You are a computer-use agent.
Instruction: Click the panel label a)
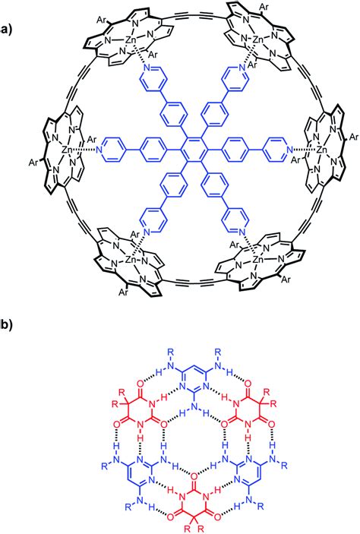coord(6,30)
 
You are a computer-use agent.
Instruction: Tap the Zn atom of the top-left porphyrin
coord(130,41)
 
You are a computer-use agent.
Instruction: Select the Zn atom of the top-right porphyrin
coord(257,40)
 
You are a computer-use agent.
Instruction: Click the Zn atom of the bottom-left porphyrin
coord(131,260)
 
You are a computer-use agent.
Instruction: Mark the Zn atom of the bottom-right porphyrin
coord(257,260)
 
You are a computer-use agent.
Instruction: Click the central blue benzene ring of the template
coord(194,149)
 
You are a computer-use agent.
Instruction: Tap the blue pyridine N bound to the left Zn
coord(99,149)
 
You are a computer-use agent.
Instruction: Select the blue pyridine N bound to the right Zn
coord(289,149)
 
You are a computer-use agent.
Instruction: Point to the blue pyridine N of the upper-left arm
coord(147,68)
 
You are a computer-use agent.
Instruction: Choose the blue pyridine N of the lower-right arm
coord(242,232)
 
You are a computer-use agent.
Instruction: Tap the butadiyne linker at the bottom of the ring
coord(194,283)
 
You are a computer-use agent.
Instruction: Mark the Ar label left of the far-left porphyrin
coord(33,163)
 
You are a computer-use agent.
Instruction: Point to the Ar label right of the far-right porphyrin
coord(354,137)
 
